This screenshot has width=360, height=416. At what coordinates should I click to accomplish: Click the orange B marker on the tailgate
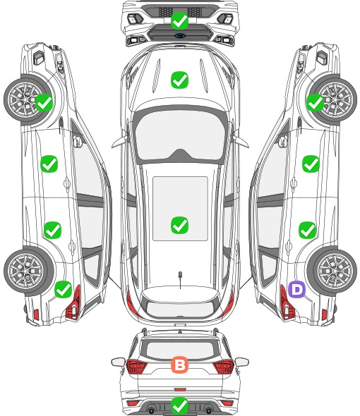pyautogui.click(x=179, y=365)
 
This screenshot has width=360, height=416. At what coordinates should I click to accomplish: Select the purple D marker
pyautogui.click(x=296, y=290)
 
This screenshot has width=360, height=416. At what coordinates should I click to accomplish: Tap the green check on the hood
pyautogui.click(x=179, y=80)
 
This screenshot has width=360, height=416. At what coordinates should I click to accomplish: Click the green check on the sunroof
pyautogui.click(x=179, y=225)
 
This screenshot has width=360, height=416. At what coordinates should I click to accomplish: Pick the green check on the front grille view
pyautogui.click(x=179, y=20)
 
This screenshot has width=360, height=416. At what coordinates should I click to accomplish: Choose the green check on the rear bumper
pyautogui.click(x=179, y=405)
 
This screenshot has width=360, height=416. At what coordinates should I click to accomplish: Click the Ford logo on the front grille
pyautogui.click(x=180, y=35)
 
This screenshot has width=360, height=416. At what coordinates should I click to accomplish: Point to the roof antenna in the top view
pyautogui.click(x=180, y=279)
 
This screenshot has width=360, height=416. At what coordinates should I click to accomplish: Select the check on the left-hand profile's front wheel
pyautogui.click(x=44, y=102)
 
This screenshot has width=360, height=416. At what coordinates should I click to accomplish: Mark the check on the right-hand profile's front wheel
pyautogui.click(x=315, y=102)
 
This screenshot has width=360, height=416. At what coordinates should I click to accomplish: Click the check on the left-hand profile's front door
pyautogui.click(x=49, y=164)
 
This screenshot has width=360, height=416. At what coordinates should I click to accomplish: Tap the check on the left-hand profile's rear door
pyautogui.click(x=53, y=230)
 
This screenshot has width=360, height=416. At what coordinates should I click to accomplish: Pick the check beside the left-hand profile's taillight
pyautogui.click(x=64, y=290)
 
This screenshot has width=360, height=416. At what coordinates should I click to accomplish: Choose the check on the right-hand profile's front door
pyautogui.click(x=311, y=164)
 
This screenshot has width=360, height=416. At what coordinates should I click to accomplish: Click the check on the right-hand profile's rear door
pyautogui.click(x=307, y=230)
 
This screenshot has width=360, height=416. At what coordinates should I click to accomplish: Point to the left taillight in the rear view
pyautogui.click(x=136, y=367)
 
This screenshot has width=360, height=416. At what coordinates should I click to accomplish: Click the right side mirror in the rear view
pyautogui.click(x=242, y=362)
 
